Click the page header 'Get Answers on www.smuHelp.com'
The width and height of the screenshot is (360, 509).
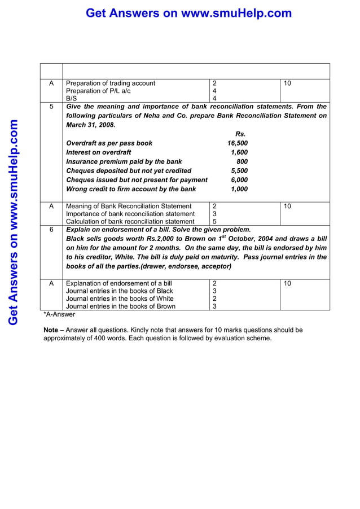point(188,13)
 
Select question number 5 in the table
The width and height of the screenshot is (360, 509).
point(51,107)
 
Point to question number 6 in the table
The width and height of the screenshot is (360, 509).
point(51,230)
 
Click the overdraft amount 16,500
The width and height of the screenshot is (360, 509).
point(237,143)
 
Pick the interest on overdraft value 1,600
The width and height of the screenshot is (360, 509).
point(239,152)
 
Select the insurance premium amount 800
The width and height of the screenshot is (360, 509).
point(242,161)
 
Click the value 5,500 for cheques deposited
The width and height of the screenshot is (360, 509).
point(239,170)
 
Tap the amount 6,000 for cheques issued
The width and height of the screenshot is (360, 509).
point(239,180)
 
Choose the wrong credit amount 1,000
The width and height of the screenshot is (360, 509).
point(239,189)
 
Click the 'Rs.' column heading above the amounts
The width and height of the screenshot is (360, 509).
point(240,134)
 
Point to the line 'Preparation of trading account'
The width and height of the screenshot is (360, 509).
point(111,83)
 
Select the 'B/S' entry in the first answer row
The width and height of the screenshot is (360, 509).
point(72,98)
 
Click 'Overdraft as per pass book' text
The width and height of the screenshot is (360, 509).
point(109,143)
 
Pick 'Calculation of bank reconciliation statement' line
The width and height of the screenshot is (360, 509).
point(130,222)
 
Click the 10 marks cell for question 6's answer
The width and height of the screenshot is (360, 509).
point(288,283)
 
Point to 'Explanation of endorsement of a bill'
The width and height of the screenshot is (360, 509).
point(119,283)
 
